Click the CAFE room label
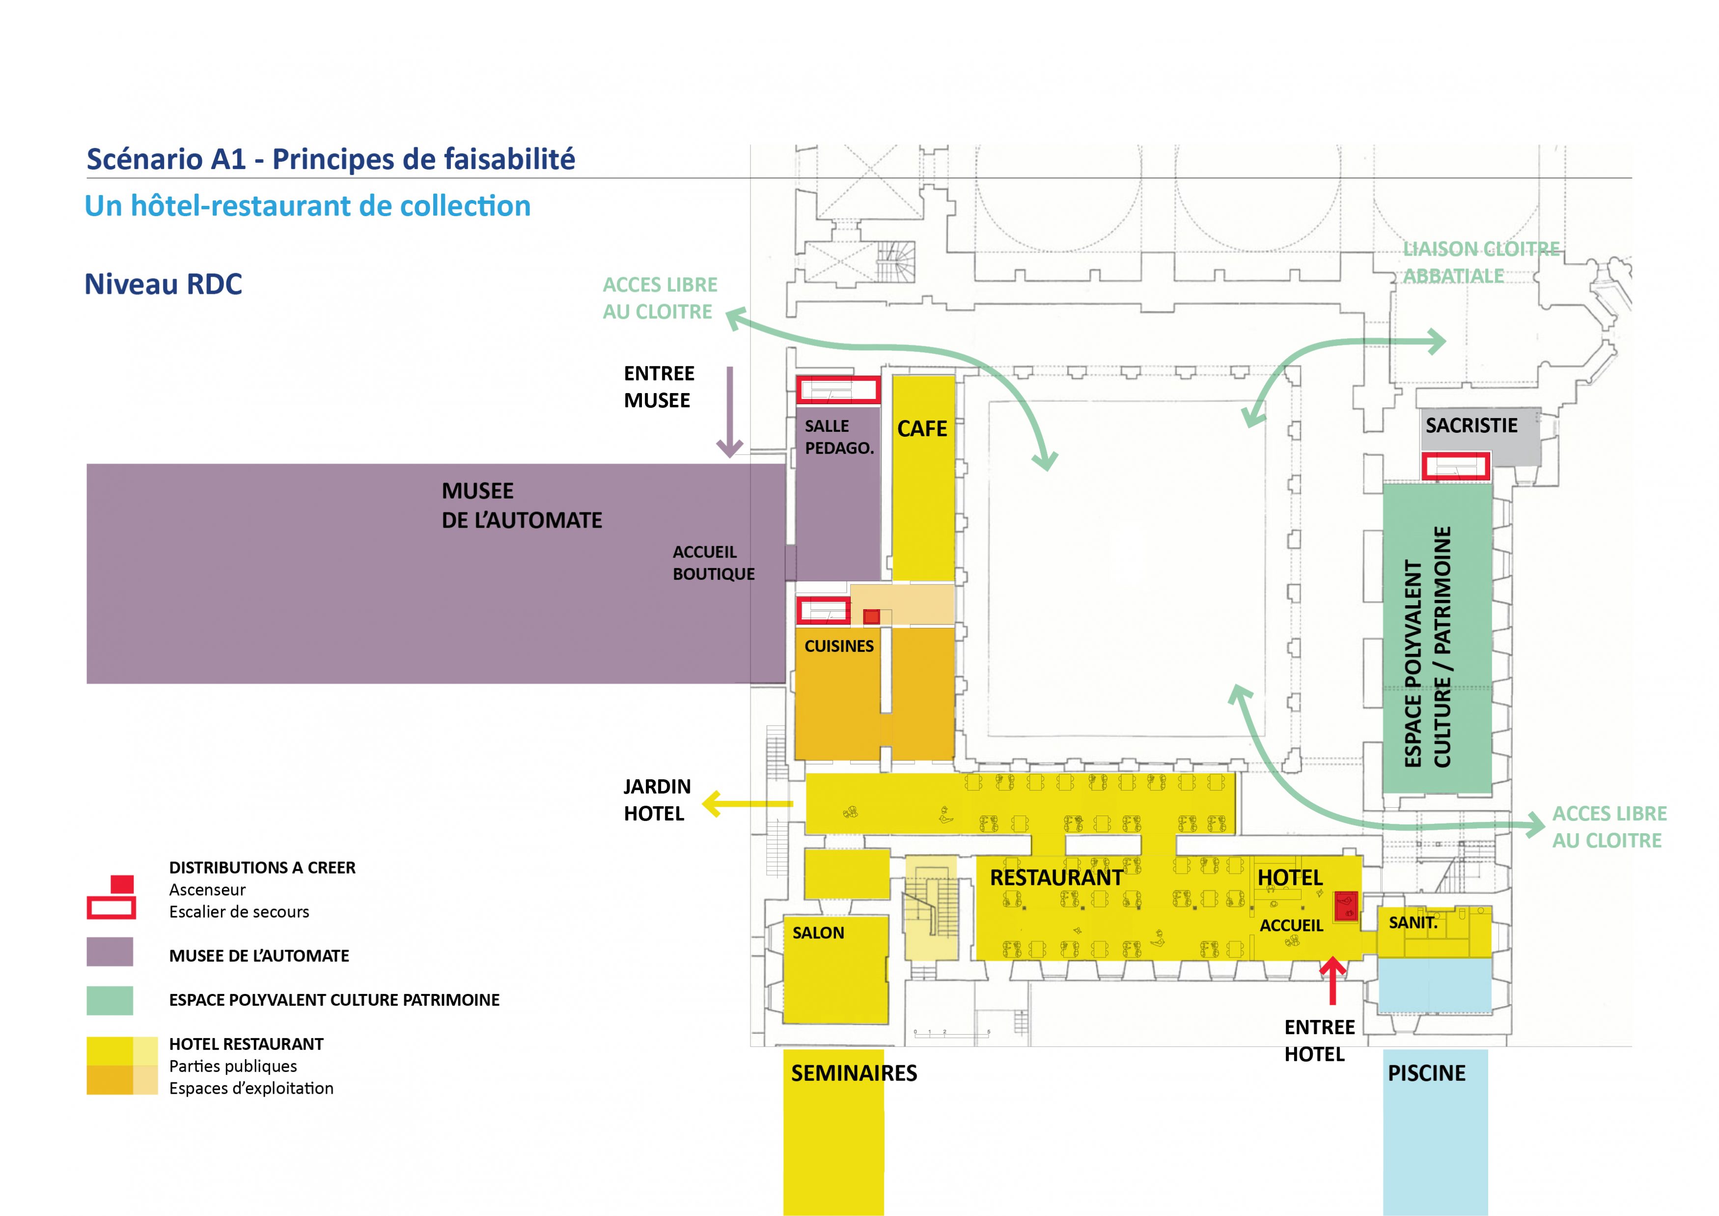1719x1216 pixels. (x=922, y=429)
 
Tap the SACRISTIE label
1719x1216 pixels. (x=1471, y=425)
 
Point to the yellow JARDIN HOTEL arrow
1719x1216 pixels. (x=747, y=804)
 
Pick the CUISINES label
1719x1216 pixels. (x=838, y=646)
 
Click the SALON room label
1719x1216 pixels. (x=818, y=933)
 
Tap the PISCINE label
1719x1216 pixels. (x=1426, y=1073)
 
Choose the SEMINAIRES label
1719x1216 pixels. (x=854, y=1073)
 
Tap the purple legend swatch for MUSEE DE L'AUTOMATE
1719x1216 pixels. (x=110, y=952)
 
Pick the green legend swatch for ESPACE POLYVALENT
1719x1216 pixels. (x=110, y=1000)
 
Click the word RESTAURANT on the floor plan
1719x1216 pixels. (x=1056, y=877)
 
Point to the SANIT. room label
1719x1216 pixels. (x=1413, y=923)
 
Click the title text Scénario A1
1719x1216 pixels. (x=166, y=160)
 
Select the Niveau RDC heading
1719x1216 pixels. (x=163, y=284)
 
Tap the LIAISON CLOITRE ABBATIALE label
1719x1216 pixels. (x=1481, y=262)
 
